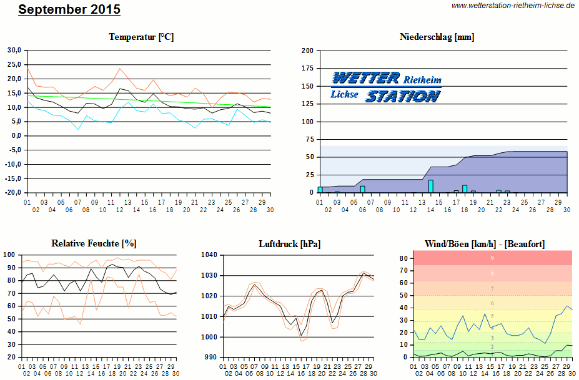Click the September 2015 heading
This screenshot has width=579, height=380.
pyautogui.click(x=69, y=10)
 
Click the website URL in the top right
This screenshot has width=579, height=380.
pyautogui.click(x=512, y=6)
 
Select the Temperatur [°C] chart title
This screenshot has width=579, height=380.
pyautogui.click(x=141, y=37)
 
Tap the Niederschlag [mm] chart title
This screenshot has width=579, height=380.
pyautogui.click(x=437, y=37)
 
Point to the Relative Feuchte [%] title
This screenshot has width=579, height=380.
pyautogui.click(x=94, y=243)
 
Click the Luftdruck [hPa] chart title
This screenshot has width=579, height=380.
pyautogui.click(x=289, y=243)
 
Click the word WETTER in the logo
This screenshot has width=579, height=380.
pyautogui.click(x=365, y=78)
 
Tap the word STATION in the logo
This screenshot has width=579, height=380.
pyautogui.click(x=402, y=96)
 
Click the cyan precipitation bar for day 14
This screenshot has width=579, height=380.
pyautogui.click(x=430, y=186)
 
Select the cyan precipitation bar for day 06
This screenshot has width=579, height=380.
pyautogui.click(x=362, y=189)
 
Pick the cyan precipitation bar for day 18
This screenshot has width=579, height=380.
pyautogui.click(x=465, y=188)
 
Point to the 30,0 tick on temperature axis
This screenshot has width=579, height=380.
pyautogui.click(x=14, y=51)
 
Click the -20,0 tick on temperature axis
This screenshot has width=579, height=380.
pyautogui.click(x=13, y=193)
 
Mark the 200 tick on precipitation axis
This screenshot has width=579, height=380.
pyautogui.click(x=307, y=51)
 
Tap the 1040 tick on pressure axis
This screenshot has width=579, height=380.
pyautogui.click(x=210, y=255)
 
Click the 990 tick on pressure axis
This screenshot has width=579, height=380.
pyautogui.click(x=212, y=358)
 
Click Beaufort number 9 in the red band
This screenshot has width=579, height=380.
pyautogui.click(x=492, y=258)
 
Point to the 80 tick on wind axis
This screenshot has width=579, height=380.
pyautogui.click(x=403, y=258)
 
